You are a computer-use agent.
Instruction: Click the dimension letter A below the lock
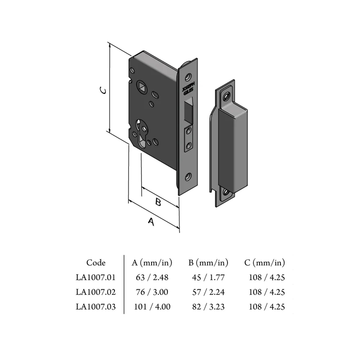[151, 222]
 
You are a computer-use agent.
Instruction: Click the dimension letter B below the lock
[158, 202]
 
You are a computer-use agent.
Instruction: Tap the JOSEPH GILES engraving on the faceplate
[188, 89]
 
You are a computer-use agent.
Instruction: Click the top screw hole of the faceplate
[189, 76]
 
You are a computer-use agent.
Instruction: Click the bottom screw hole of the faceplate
[188, 176]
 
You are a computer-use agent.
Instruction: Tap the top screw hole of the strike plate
[227, 96]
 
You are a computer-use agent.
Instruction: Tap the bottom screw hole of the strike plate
[226, 192]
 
